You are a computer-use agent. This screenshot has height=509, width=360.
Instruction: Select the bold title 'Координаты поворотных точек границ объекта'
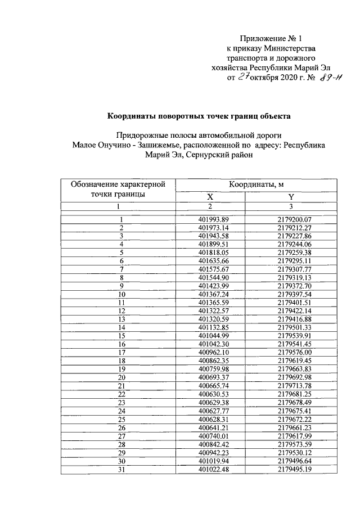(199, 116)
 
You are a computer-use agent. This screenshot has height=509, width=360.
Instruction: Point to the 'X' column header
(210, 197)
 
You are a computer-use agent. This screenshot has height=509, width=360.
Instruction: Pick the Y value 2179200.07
(294, 219)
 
